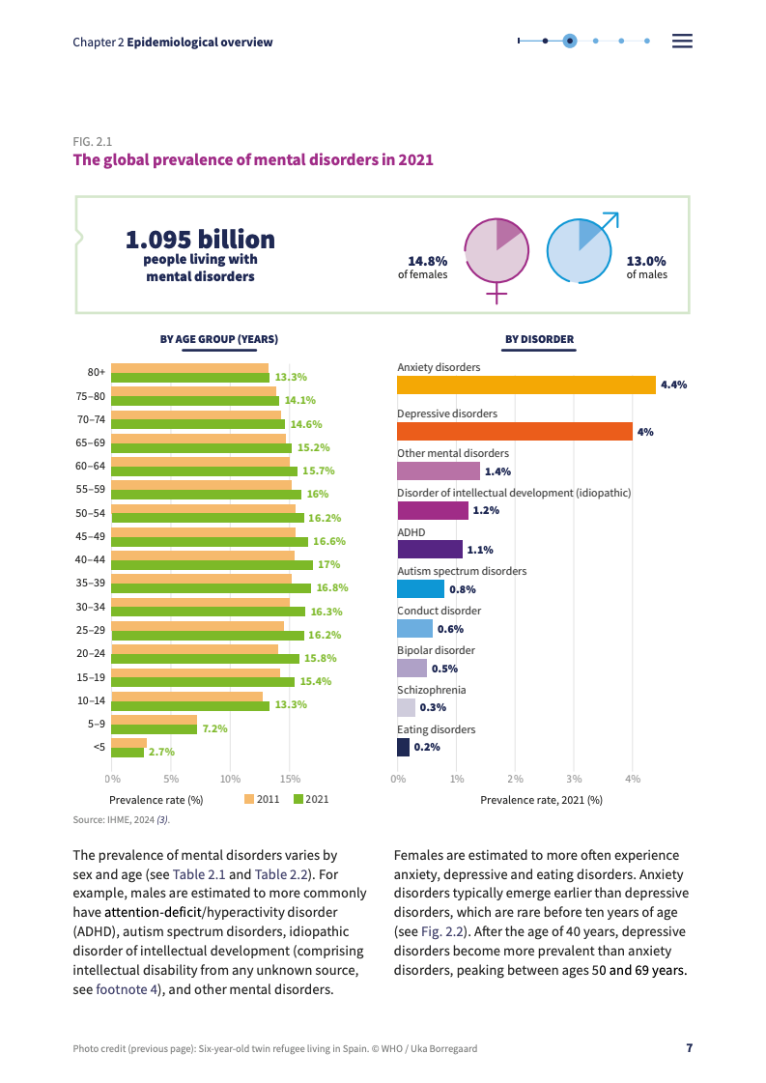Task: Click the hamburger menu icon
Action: pos(682,41)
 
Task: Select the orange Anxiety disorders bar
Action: pos(526,385)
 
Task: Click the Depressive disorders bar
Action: pos(515,432)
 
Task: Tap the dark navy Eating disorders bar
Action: pos(403,747)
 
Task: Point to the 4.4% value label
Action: pos(673,385)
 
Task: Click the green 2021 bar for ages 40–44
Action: pos(213,564)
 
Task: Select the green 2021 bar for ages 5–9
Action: pos(155,728)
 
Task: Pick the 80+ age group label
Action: pos(96,372)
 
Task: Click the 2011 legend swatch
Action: pos(249,799)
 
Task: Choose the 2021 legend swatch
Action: pos(298,799)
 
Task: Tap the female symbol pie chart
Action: pos(496,251)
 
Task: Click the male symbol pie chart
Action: pos(580,251)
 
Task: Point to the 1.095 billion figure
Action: pos(200,240)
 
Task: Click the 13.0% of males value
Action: pos(646,261)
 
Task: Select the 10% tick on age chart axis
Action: pos(230,778)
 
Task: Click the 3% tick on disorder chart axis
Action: pos(574,778)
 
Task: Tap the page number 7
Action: pos(689,1048)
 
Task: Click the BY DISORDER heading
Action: pos(540,339)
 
